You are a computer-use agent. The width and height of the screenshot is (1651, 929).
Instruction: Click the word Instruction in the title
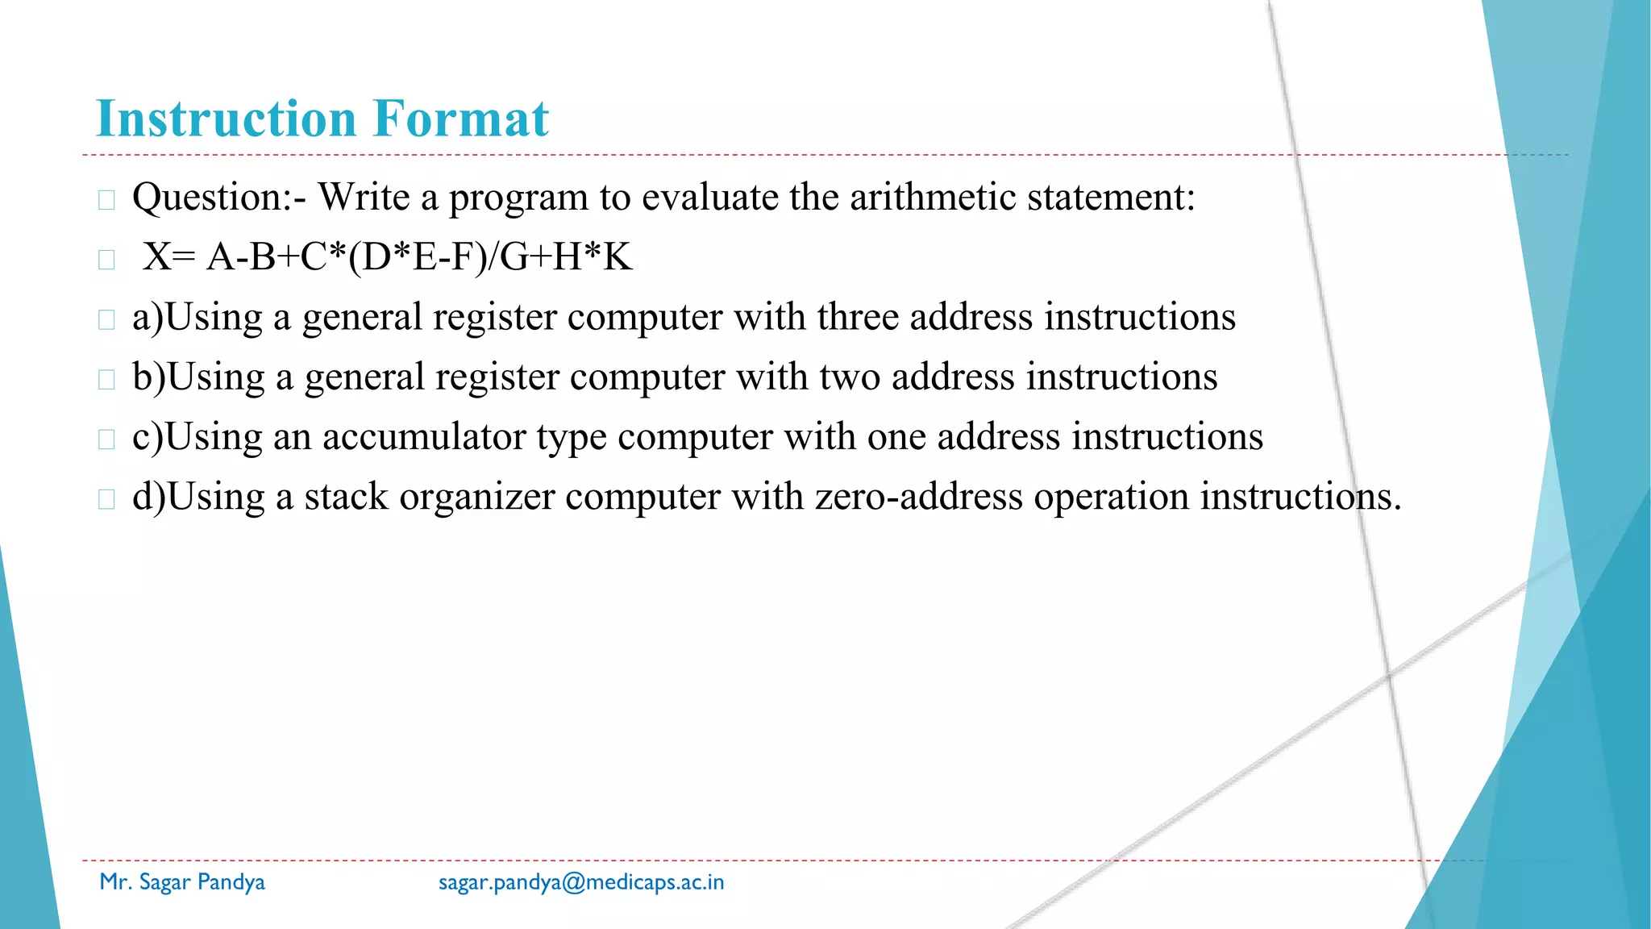click(227, 119)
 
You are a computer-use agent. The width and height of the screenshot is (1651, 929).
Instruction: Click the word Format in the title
click(460, 119)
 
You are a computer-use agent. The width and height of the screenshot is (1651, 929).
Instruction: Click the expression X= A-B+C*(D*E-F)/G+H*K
click(387, 257)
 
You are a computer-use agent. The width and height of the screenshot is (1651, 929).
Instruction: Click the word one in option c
click(896, 436)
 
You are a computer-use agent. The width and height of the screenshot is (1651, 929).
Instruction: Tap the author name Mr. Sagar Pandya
click(182, 882)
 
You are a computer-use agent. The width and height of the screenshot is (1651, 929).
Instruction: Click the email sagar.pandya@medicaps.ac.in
click(581, 882)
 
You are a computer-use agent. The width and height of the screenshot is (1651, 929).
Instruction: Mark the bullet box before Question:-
click(106, 200)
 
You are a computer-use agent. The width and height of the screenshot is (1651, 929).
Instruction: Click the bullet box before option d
click(106, 499)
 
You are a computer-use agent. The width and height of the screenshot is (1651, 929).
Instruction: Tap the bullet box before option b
click(106, 380)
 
